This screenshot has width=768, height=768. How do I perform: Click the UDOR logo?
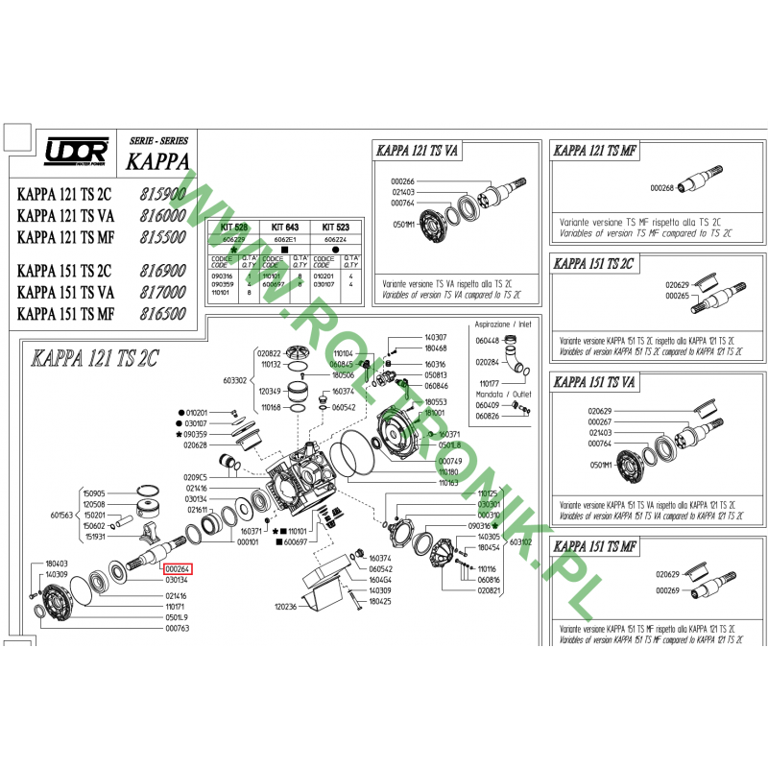tap(75, 153)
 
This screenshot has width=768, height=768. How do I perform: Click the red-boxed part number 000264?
tap(177, 568)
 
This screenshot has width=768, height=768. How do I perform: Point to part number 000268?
tap(663, 188)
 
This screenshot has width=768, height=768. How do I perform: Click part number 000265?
tap(679, 296)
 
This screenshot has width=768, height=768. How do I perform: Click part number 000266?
tap(402, 181)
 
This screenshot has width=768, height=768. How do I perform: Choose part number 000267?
tap(600, 421)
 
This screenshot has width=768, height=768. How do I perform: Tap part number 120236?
tap(286, 607)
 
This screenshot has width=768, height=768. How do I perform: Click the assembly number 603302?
tap(235, 380)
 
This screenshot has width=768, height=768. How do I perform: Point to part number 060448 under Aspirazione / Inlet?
tap(488, 340)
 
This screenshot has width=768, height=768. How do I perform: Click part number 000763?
tap(177, 629)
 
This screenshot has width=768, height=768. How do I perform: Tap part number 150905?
tap(94, 492)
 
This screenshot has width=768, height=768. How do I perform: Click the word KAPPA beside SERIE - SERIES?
tap(157, 161)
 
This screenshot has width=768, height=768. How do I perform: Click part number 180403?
tap(57, 564)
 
